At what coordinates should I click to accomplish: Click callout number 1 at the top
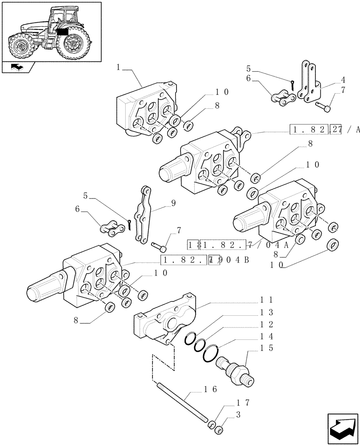(118, 67)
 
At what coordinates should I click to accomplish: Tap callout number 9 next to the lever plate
(173, 202)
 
